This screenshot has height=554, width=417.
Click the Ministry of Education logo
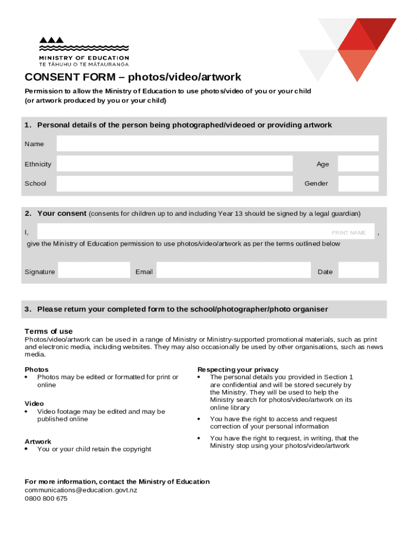(83, 51)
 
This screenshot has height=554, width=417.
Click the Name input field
(217, 144)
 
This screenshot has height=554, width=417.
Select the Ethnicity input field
(174, 164)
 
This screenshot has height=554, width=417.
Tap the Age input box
(358, 164)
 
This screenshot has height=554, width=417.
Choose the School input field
(174, 183)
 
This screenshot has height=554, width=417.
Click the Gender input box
(358, 183)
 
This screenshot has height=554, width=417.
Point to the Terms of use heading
(48, 331)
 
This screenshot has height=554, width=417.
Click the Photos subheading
(36, 370)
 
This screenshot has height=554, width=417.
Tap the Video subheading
(34, 404)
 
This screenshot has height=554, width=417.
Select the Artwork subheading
(38, 441)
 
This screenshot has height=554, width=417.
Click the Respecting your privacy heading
(238, 370)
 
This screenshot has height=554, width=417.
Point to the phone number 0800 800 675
(46, 499)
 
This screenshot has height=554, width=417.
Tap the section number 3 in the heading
(27, 309)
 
